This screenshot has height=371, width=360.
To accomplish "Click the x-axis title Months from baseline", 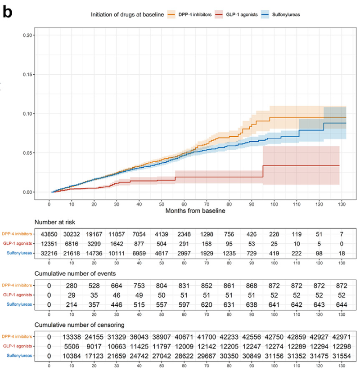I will (x=195, y=210).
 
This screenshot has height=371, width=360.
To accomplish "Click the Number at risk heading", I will (x=56, y=222).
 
